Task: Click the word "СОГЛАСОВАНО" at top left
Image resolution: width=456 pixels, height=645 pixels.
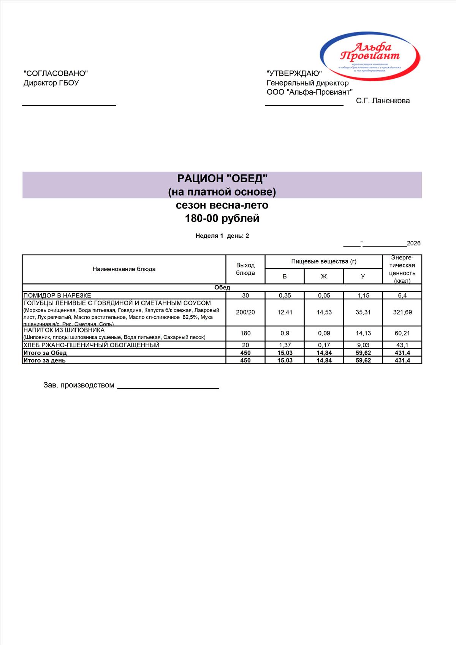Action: coord(55,73)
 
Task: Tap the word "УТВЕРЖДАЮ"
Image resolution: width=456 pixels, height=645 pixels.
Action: coord(294,73)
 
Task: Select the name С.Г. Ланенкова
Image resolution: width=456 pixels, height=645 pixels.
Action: coord(383,101)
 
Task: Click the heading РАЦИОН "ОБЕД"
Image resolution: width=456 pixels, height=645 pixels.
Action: coord(222,179)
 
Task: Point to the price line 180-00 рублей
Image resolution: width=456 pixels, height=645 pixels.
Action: coord(222,218)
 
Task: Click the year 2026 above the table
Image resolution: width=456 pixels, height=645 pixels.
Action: coord(413,243)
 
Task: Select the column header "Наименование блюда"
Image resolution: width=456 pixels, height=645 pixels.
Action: coord(124,269)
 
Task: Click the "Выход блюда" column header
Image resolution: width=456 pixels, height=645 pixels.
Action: coord(245,269)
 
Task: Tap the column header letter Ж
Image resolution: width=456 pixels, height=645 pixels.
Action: coord(324,276)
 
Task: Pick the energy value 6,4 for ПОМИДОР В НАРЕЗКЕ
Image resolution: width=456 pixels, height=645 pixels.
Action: coord(402,295)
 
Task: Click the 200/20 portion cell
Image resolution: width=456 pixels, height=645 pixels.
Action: coord(245,312)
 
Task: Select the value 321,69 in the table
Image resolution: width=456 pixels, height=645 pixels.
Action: coord(402,312)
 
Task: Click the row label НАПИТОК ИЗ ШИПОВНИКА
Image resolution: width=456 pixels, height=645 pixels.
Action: coord(64,330)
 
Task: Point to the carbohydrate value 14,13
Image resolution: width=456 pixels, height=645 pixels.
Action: coord(363,333)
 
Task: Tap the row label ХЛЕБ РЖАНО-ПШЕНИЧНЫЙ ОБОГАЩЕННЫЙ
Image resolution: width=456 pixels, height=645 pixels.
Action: coord(91,345)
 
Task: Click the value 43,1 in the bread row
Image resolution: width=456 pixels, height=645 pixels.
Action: coord(402,345)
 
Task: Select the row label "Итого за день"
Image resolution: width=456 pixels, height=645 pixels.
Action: coord(44,360)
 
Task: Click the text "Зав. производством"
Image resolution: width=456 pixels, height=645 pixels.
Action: coord(79,385)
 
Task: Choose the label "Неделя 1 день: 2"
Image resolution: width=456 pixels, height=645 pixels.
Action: coord(222,236)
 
